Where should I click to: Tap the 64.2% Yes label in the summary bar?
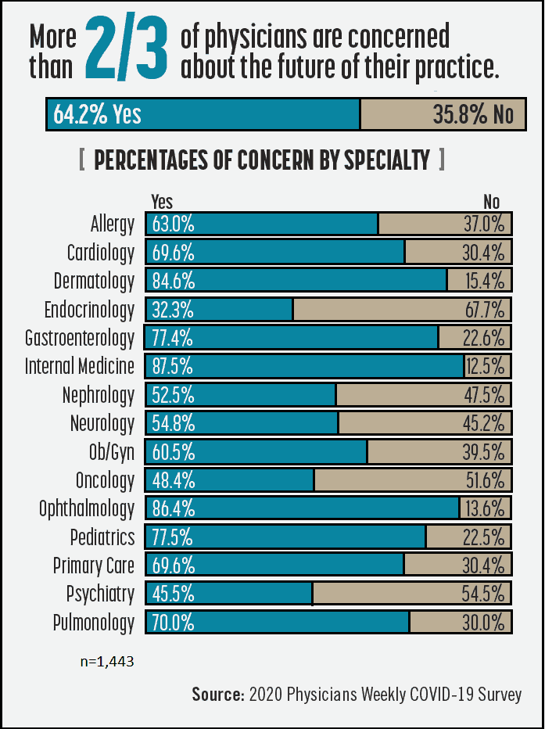coord(98,114)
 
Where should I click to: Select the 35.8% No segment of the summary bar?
coord(443,114)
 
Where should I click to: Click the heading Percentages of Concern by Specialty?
coord(262,160)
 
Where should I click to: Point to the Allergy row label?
coord(113,224)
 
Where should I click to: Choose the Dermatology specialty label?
coord(94,281)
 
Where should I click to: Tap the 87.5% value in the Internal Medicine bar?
coord(174,366)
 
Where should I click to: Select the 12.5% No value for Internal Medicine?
coord(486,366)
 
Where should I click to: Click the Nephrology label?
coord(99,395)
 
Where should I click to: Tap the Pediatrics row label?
coord(102,537)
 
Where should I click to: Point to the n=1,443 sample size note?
coord(107,662)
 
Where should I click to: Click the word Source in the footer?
coord(217,695)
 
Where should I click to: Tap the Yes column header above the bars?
coord(162,202)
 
